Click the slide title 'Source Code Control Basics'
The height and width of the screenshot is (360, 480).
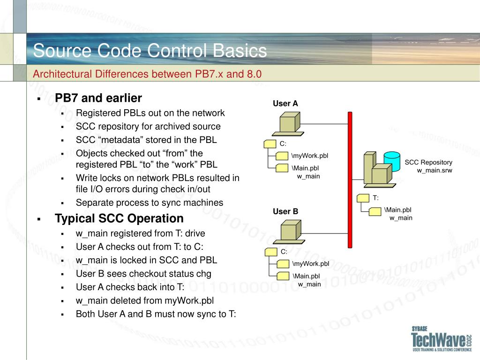[x=150, y=51]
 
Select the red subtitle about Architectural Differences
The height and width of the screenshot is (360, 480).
[x=147, y=74]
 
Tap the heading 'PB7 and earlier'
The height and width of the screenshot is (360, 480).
[x=98, y=98]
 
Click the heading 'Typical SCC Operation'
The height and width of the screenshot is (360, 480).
[x=119, y=218]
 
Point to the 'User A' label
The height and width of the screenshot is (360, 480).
[x=285, y=104]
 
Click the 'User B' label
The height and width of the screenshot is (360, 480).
[x=285, y=211]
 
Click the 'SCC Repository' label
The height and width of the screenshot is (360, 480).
[x=428, y=162]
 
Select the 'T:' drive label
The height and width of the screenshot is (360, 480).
[x=376, y=198]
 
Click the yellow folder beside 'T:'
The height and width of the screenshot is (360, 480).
[x=363, y=198]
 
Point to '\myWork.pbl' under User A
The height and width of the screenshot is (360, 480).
[x=310, y=156]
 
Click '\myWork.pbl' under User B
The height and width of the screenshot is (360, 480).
[x=311, y=264]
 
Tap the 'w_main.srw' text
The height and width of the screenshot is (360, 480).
[x=435, y=170]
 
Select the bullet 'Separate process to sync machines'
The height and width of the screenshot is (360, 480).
[x=150, y=202]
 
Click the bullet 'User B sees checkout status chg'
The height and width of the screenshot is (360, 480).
[x=143, y=274]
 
